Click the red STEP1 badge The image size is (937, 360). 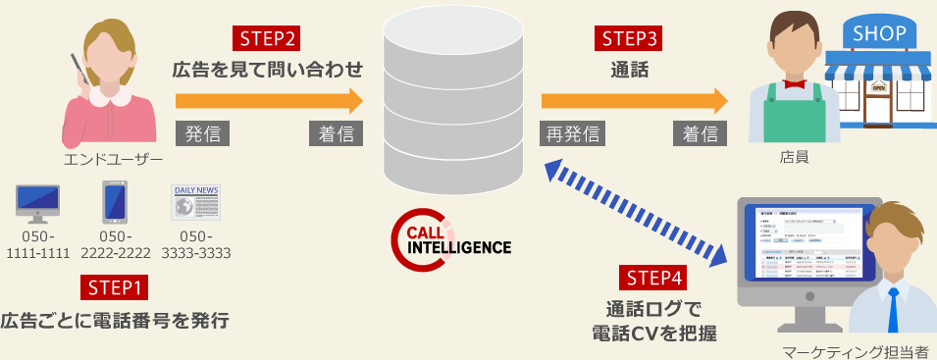(x=116, y=287)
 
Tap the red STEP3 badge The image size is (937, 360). (x=629, y=39)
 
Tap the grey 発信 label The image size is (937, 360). (x=202, y=133)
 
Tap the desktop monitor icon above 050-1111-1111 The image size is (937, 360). (x=38, y=201)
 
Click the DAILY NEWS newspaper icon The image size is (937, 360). (x=194, y=201)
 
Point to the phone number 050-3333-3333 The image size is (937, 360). (x=194, y=245)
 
